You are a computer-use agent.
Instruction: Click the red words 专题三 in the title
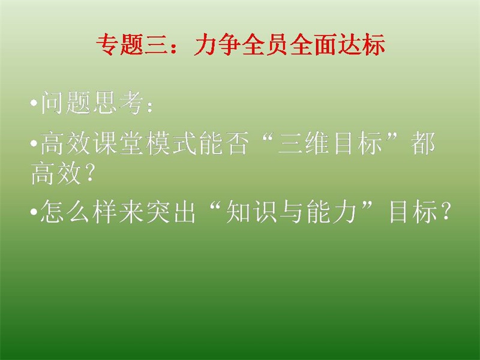coord(132,44)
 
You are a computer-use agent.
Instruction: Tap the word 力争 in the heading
coord(218,44)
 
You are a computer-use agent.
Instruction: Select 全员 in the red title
coord(265,44)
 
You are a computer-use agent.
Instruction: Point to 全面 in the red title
coord(313,44)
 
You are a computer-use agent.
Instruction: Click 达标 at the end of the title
coord(361,44)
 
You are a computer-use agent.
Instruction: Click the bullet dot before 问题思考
coord(34,103)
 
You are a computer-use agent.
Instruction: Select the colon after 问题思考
coord(149,106)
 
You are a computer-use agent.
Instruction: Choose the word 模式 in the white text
coord(172,143)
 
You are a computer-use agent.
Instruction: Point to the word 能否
coord(223,143)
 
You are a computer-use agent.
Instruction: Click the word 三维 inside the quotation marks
coord(304,143)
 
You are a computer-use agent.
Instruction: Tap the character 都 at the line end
coord(422,143)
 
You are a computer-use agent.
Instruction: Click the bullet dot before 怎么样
coord(34,212)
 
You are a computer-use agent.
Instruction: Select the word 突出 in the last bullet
coord(171,211)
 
